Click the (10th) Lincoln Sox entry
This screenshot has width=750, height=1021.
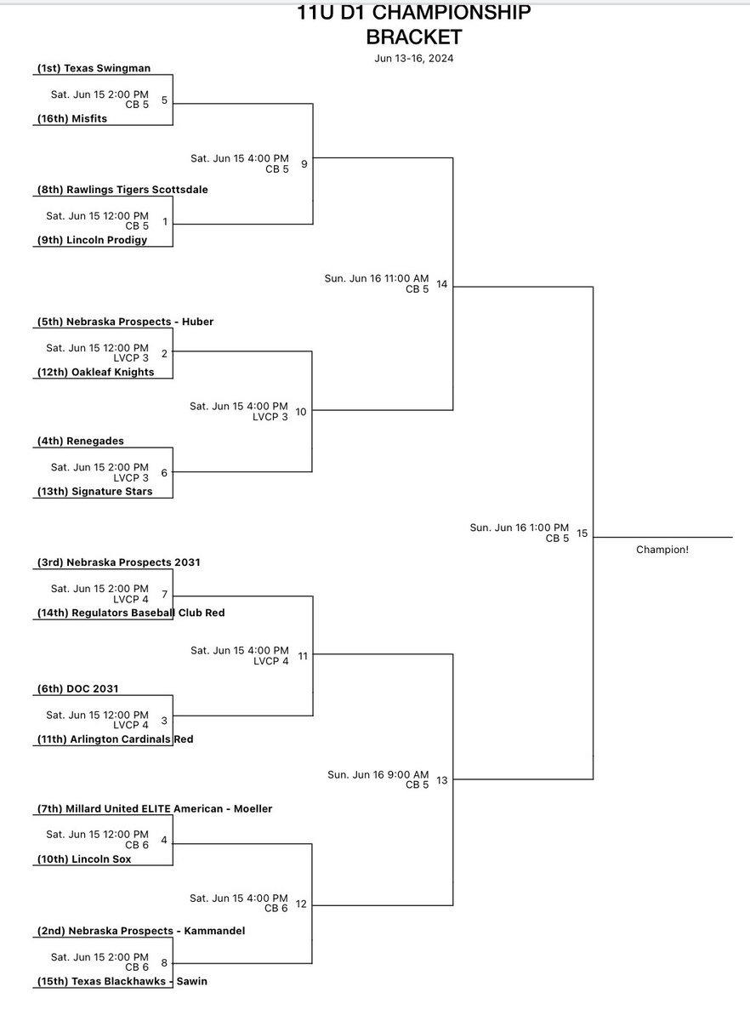89,859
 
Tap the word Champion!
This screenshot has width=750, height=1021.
662,550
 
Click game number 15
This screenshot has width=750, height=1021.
582,533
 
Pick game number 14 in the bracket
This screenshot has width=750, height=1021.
441,284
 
